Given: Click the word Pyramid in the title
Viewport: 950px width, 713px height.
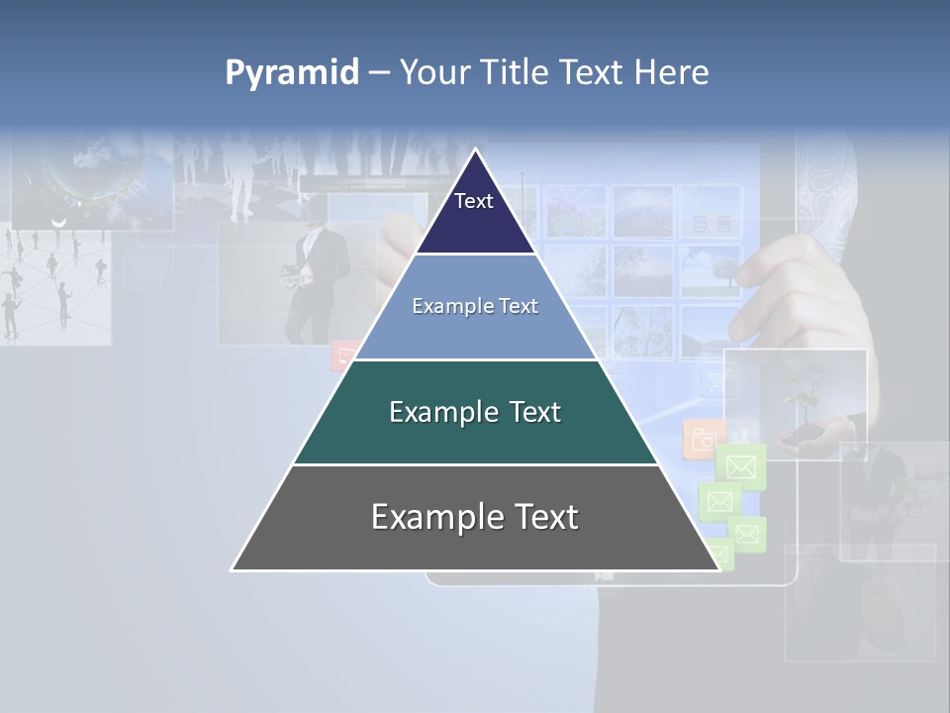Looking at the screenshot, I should point(291,73).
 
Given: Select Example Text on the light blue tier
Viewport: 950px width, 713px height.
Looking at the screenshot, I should point(475,307).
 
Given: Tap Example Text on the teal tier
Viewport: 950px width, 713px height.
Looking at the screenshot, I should point(475,412).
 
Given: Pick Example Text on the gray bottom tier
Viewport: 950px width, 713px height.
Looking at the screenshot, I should point(475,518).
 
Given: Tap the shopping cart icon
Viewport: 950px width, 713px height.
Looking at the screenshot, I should point(713,383).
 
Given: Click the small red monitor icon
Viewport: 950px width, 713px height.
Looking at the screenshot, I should point(345,355).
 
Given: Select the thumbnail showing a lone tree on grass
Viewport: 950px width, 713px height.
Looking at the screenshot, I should point(710,269).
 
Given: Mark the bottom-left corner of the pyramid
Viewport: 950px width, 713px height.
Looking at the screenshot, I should point(232,570).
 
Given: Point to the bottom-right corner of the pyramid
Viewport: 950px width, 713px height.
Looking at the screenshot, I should point(719,570).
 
